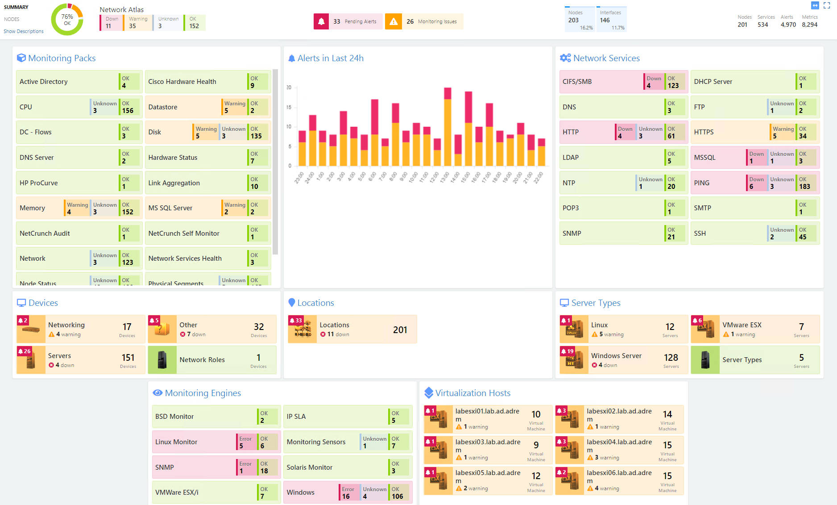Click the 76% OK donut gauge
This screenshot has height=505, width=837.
click(x=67, y=20)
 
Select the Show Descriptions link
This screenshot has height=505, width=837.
click(x=24, y=31)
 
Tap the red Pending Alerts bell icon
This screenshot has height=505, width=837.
click(x=321, y=21)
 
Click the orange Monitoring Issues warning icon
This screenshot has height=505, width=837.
click(x=393, y=21)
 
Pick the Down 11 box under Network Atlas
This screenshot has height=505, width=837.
click(x=111, y=23)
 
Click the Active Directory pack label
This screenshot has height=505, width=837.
click(x=44, y=82)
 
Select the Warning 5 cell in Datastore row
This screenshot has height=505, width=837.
click(x=234, y=107)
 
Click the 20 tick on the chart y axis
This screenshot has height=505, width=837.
click(x=289, y=88)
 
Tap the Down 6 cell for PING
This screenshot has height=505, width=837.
click(x=756, y=183)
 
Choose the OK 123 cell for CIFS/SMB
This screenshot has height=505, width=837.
click(x=673, y=82)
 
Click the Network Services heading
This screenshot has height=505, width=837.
click(x=606, y=58)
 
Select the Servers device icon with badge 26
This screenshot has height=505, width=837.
click(x=31, y=360)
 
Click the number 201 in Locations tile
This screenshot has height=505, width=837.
click(x=400, y=330)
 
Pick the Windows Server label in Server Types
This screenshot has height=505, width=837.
click(x=616, y=356)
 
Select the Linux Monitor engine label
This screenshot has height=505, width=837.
click(x=176, y=442)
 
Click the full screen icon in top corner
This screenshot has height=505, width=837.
click(x=827, y=6)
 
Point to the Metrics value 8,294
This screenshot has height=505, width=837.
click(x=809, y=25)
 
